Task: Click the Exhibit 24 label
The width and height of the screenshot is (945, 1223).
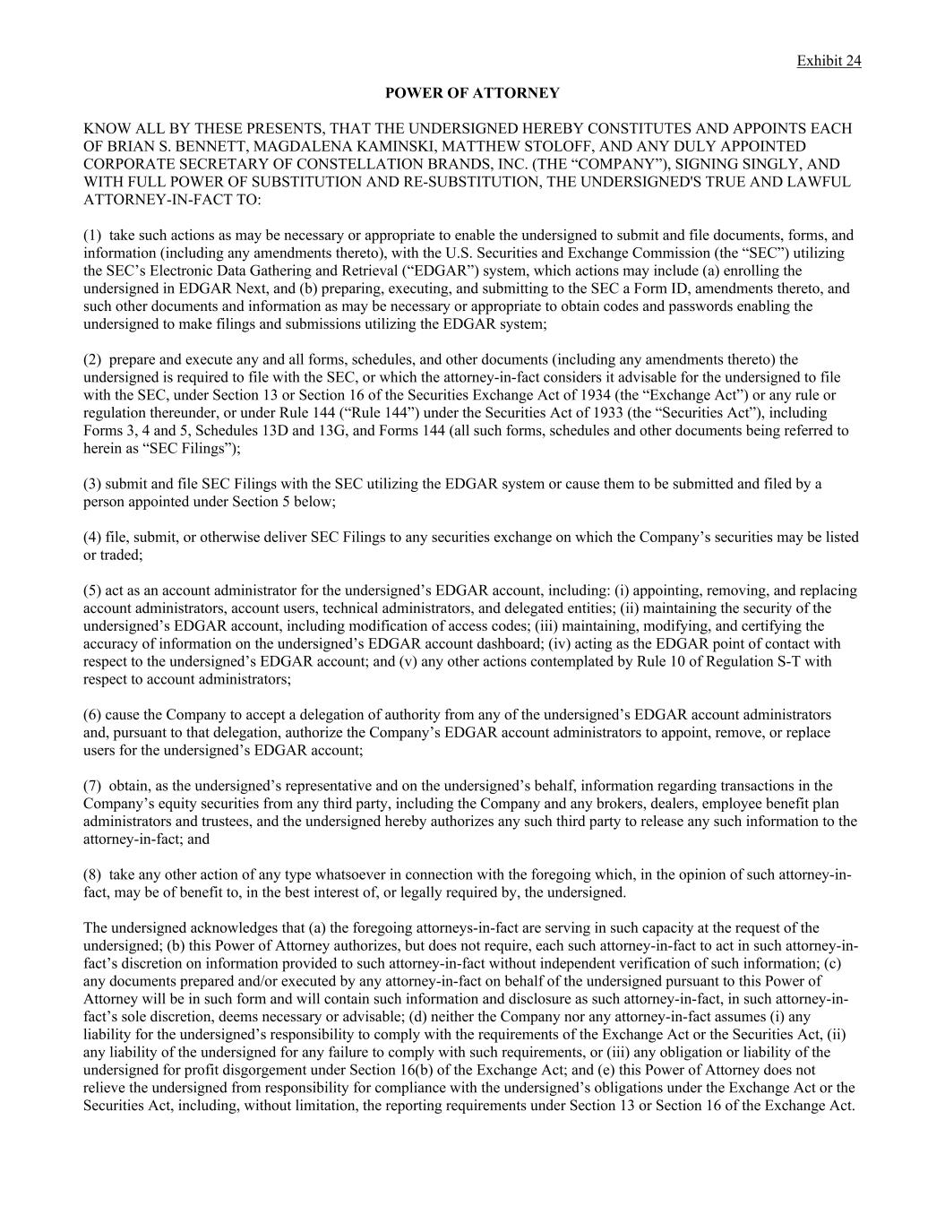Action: [829, 61]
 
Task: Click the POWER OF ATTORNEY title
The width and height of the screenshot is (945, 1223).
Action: [472, 93]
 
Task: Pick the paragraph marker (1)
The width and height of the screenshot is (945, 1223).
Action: [92, 236]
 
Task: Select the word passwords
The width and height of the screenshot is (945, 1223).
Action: [694, 306]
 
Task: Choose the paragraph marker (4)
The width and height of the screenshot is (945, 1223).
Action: [92, 538]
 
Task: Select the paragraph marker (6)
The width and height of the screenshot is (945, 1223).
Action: [92, 715]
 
